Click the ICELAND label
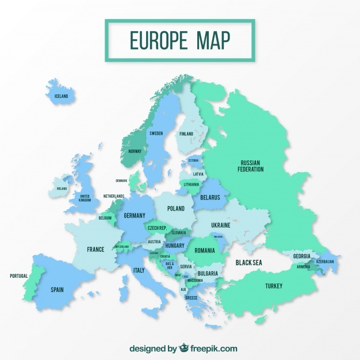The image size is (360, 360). [61, 96]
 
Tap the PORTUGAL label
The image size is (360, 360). [18, 276]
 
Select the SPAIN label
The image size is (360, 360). [57, 290]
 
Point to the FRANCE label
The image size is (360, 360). [95, 250]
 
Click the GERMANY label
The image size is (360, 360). [134, 216]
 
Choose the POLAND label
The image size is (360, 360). [176, 209]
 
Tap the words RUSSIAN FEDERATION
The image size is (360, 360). [251, 166]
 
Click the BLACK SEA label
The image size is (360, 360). [249, 263]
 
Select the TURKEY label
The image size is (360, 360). [273, 286]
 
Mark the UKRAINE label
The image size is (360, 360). [220, 225]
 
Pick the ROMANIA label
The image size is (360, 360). [205, 251]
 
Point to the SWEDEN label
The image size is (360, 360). [156, 133]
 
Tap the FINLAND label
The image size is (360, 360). [186, 134]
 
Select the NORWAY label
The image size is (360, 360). [135, 151]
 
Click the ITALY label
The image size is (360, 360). [139, 270]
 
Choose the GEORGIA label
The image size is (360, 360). [301, 256]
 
